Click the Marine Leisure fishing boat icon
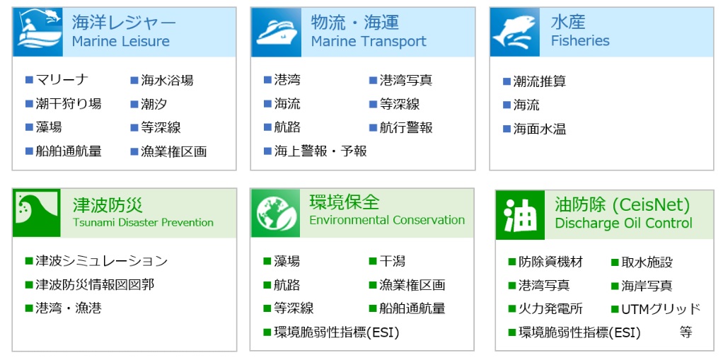pos(38,32)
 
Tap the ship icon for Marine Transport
pos(277,32)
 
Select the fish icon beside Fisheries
pos(514,32)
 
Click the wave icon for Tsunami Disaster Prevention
pos(37,212)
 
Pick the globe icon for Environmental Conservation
pos(276,213)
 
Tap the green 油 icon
pos(520,215)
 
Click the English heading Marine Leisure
pos(121,42)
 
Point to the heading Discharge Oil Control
pos(624,223)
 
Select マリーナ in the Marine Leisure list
pos(62,80)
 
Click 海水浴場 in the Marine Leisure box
pos(167,81)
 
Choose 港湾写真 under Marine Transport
pos(406,81)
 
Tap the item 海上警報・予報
pos(320,151)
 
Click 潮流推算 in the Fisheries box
pos(540,81)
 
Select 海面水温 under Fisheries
pos(540,129)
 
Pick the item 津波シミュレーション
pos(102,262)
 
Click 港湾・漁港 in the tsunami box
pos(69,308)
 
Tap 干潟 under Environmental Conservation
pos(393,262)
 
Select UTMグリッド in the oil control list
pos(661,309)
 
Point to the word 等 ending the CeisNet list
pos(686,332)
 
